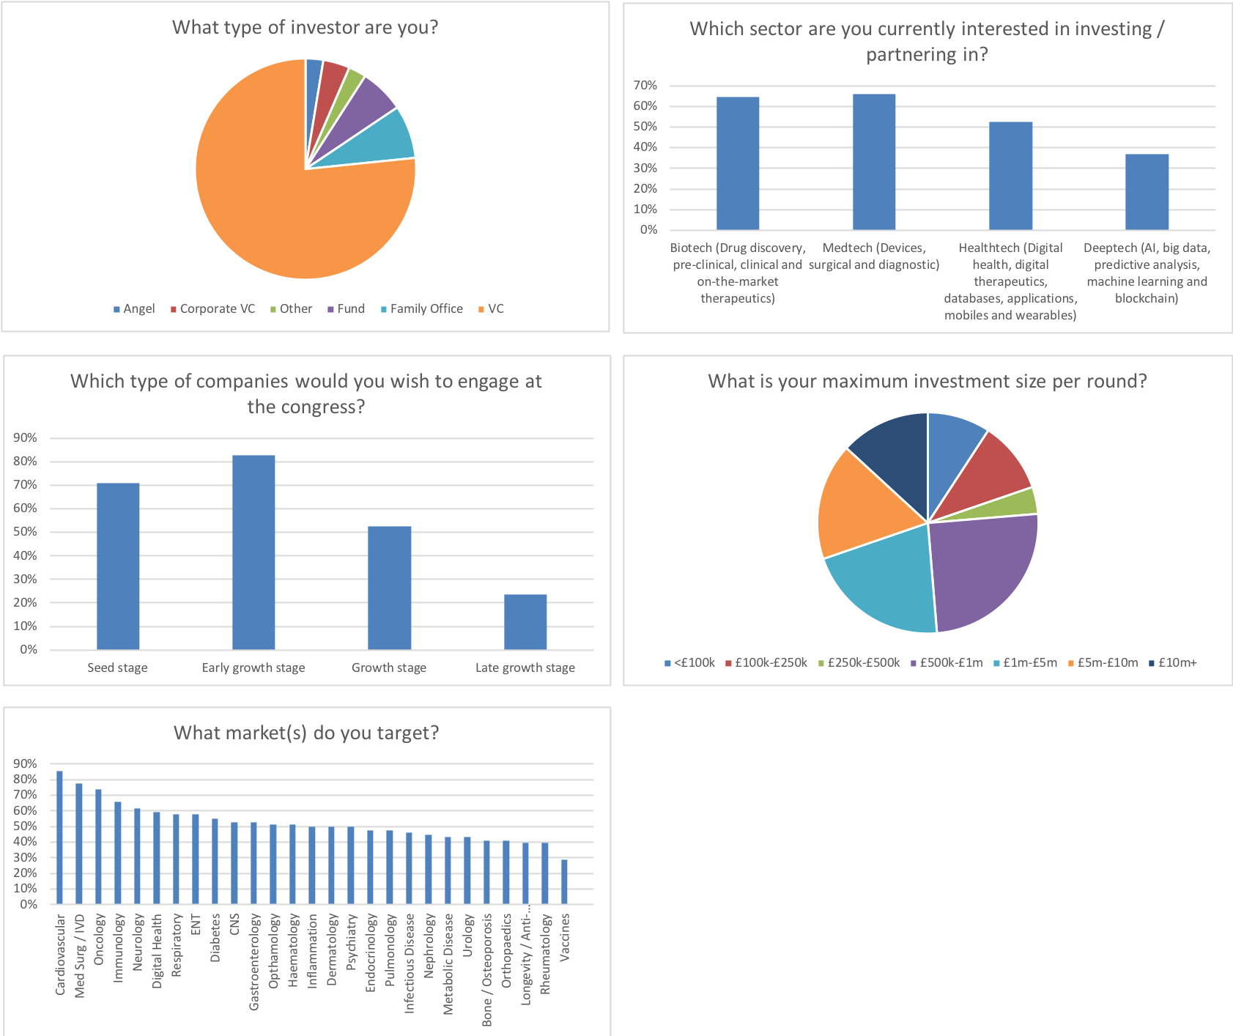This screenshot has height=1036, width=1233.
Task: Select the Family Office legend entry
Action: (426, 309)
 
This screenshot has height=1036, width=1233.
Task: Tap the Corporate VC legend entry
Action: (217, 309)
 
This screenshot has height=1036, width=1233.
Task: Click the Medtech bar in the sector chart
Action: (873, 161)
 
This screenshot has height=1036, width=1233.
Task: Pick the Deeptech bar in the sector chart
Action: (1147, 191)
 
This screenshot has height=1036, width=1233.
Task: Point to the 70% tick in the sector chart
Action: (645, 86)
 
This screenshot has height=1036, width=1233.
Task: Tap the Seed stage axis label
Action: (117, 667)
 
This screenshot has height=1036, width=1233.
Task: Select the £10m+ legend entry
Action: (1177, 663)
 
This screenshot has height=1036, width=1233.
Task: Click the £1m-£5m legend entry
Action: (1029, 663)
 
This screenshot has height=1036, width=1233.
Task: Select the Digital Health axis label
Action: (157, 951)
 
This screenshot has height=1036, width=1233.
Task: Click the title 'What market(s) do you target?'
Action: (306, 733)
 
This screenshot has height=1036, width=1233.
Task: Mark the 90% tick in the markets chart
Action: (25, 764)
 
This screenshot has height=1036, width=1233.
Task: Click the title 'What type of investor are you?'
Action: (305, 27)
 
